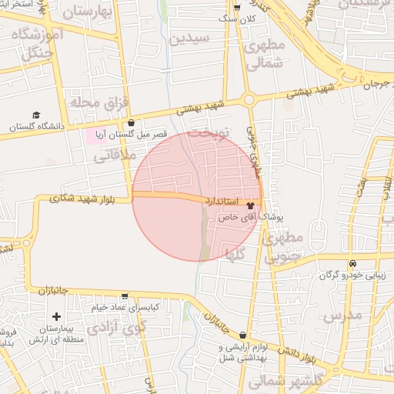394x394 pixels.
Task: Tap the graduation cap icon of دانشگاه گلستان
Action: click(x=36, y=115)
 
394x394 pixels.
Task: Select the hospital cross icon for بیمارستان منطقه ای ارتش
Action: click(x=56, y=316)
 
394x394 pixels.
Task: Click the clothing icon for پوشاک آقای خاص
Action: click(x=249, y=206)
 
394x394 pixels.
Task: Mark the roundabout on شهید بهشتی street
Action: click(x=249, y=99)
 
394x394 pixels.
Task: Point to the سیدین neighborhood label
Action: click(x=189, y=38)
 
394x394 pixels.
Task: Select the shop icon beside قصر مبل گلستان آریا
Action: click(x=131, y=122)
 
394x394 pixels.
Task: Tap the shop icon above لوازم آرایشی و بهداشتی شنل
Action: click(x=243, y=335)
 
